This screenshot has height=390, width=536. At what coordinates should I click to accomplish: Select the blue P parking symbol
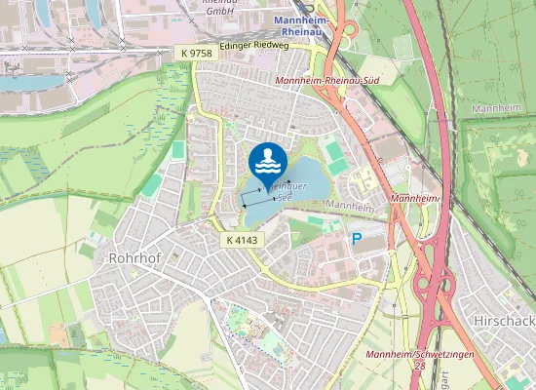357,238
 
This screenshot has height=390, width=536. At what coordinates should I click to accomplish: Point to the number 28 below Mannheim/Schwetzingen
418,365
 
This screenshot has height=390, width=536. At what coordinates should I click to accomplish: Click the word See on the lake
285,196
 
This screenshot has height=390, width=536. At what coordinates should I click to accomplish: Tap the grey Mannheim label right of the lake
351,206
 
